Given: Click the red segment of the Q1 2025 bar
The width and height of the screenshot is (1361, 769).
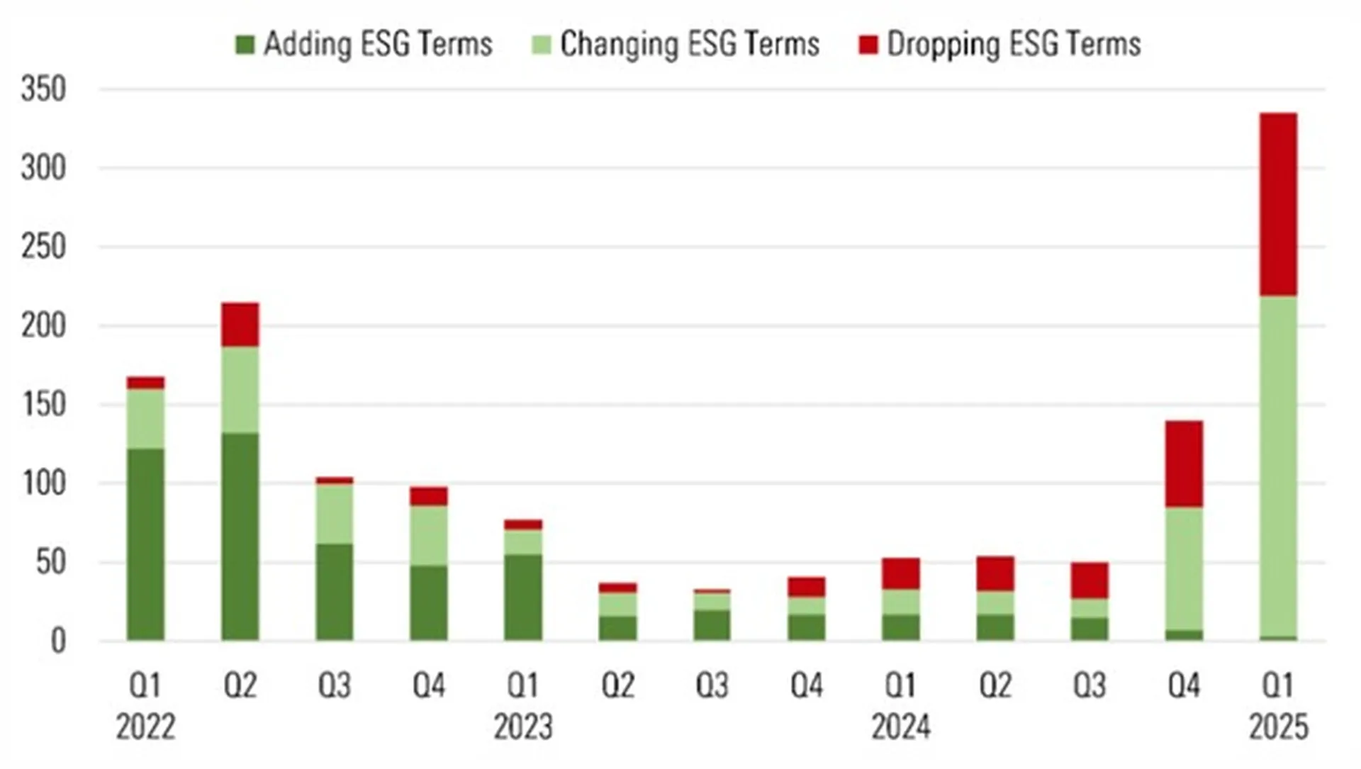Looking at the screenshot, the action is click(1279, 204).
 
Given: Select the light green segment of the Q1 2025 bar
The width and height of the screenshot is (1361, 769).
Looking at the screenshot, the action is click(1279, 466).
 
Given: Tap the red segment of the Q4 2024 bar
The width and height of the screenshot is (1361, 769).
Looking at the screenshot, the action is click(1184, 464).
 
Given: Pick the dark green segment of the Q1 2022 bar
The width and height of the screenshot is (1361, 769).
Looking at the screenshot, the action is click(145, 544).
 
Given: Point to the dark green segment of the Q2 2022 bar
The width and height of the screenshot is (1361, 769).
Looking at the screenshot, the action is click(240, 537).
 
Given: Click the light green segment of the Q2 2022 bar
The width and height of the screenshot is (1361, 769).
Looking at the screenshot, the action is click(240, 389).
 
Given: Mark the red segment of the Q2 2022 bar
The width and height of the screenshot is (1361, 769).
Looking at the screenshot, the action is click(240, 324).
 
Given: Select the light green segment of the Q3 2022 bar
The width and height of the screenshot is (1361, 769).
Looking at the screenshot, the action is click(335, 513).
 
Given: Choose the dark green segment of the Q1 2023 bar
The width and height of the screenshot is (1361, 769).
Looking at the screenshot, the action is click(523, 597).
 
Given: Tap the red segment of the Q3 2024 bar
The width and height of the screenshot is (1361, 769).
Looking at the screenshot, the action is click(1090, 580).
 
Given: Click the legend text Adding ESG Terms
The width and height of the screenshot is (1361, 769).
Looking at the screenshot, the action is click(378, 44).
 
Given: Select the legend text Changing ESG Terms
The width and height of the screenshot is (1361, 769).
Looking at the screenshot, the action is click(690, 44).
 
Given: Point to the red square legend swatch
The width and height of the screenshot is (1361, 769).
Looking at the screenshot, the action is click(868, 45).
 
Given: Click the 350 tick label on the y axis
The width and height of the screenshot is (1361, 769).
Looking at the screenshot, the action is click(43, 90).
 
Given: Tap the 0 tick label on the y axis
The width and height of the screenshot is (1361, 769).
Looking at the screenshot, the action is click(58, 641).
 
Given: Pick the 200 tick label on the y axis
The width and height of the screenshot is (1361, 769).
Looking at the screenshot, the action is click(43, 326).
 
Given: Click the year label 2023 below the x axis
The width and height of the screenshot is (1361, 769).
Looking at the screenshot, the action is click(523, 727).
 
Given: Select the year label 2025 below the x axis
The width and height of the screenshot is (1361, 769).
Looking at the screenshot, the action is click(1279, 727).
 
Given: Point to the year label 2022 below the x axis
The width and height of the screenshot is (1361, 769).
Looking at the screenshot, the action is click(145, 727).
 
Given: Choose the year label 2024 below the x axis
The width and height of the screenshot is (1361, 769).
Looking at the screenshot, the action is click(901, 727).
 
